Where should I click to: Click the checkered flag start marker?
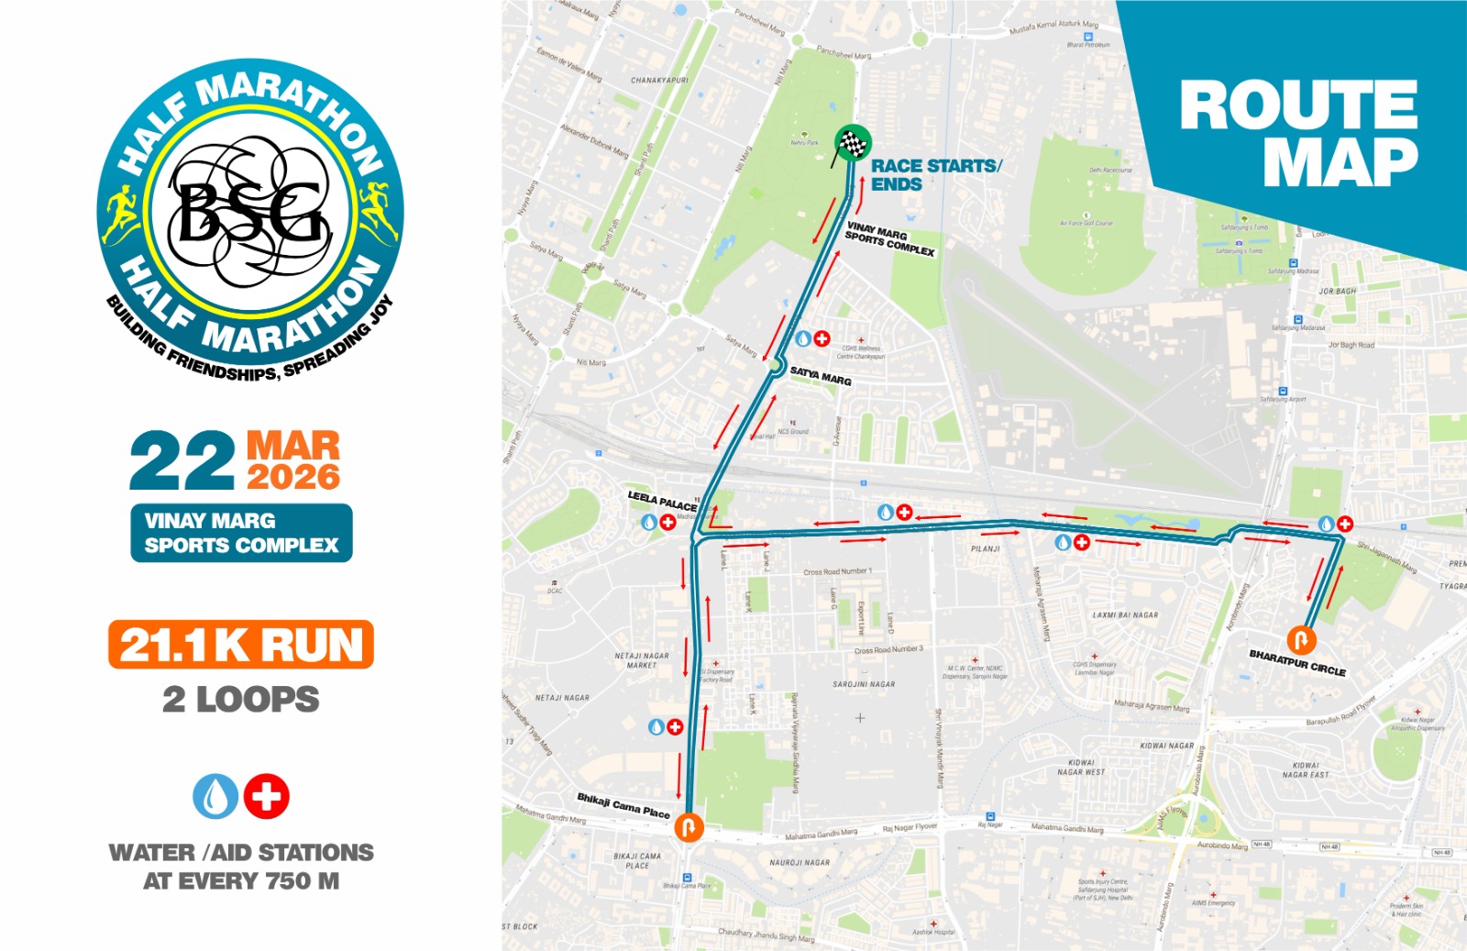853,143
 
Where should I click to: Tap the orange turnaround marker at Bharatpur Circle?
1301,639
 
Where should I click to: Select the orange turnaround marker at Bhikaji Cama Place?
689,826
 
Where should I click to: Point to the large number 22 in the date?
182,461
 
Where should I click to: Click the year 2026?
293,477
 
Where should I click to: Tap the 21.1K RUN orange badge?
241,645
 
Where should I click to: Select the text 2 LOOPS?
241,700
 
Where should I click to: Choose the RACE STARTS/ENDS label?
935,174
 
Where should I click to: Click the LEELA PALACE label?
662,501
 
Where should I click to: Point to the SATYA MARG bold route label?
821,376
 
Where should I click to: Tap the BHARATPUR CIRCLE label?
1297,662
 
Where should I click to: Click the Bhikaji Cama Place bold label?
623,805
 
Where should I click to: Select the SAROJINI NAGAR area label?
864,684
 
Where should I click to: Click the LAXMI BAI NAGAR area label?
1125,615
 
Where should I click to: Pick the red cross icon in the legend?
267,796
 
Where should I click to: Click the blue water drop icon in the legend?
215,796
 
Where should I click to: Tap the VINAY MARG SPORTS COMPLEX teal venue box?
241,533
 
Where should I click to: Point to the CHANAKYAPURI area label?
659,81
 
